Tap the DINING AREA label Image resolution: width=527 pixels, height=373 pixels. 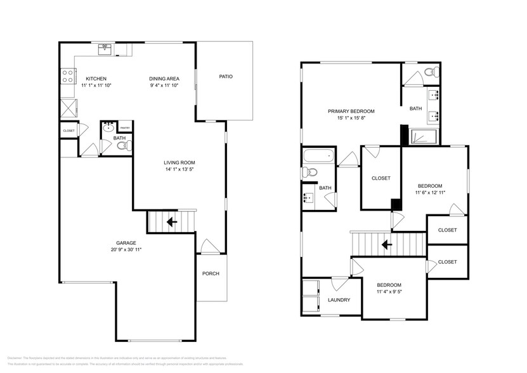point(164,79)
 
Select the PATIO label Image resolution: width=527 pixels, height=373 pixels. point(226,77)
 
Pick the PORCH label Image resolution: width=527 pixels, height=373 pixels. point(211,273)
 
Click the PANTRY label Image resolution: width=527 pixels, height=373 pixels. point(125,127)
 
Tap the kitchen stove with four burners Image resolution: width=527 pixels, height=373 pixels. point(67,77)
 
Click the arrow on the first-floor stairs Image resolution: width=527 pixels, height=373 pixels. point(171,222)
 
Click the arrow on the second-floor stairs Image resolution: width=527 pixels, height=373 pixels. point(386,244)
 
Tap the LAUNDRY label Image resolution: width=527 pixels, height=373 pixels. point(339,300)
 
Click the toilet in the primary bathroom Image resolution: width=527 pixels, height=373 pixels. point(431,72)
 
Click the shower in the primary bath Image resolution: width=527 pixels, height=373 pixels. point(424,136)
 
